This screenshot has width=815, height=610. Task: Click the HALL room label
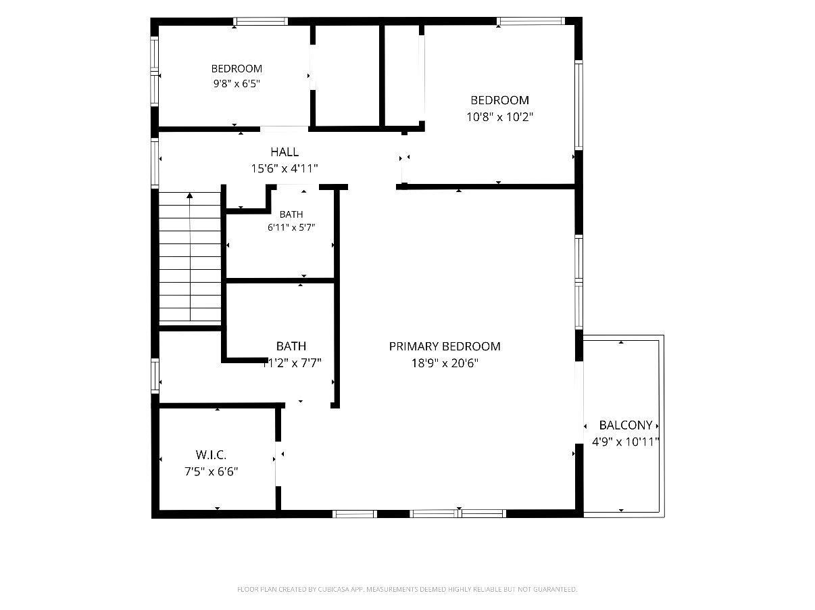pos(285,152)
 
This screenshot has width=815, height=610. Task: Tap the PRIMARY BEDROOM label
pos(445,346)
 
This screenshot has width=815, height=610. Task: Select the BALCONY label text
pos(626,425)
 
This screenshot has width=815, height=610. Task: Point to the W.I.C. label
pos(211,454)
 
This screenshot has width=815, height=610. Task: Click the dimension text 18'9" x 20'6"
pos(445,363)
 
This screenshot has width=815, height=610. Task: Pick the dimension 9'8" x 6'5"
pos(236,84)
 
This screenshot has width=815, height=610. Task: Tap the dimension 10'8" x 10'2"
pos(499,117)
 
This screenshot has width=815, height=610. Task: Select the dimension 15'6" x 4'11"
pos(285,168)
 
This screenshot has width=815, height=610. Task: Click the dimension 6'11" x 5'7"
pos(291,227)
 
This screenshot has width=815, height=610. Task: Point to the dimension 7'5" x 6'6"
pos(211,471)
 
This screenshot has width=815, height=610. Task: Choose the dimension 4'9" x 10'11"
pos(626,442)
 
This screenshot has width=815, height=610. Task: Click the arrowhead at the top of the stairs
pos(190,195)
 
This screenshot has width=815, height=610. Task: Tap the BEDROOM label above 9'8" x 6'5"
pos(237,69)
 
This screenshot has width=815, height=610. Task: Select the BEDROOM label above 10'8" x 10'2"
pos(500,100)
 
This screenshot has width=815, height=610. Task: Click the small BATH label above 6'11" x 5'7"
pos(291,214)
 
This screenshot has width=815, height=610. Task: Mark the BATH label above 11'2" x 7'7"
pos(291,346)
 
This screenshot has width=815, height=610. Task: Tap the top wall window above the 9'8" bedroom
pos(261,21)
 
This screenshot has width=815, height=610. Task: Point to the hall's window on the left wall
pos(155,162)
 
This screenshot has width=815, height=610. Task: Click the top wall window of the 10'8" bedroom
pos(531,21)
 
